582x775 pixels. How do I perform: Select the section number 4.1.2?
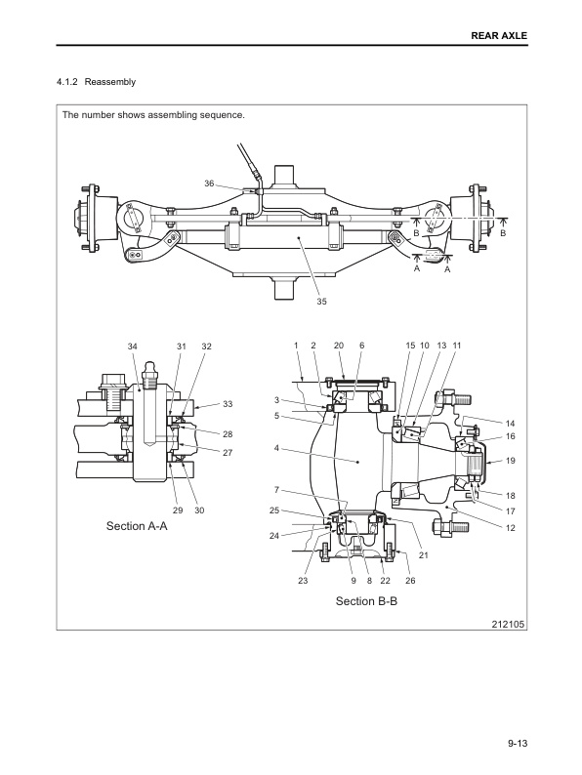point(72,82)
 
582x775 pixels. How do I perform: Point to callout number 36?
point(209,184)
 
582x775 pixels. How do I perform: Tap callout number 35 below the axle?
point(321,302)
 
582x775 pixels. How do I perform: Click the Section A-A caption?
point(137,526)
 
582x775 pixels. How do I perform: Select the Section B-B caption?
point(366,601)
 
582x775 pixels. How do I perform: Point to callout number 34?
point(133,347)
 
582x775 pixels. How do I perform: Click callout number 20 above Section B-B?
point(339,347)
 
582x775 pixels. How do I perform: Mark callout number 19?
point(510,460)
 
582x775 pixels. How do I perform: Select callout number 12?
point(510,528)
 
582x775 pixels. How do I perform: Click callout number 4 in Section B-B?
point(278,448)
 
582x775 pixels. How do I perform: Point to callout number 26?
point(410,581)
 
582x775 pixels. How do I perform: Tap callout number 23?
point(302,581)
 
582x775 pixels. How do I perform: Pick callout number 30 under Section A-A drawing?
point(199,510)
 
